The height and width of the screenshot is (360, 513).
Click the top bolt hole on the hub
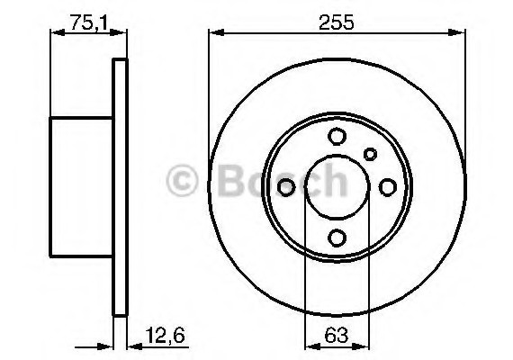point(337,136)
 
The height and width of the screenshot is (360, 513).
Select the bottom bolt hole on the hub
point(337,237)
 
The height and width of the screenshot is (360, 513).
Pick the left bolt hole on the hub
point(287,186)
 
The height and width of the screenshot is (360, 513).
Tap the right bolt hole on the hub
point(388,186)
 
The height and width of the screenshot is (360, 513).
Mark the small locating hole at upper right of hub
point(370,154)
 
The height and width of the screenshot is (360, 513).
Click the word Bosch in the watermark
point(279,181)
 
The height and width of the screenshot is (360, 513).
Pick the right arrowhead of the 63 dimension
point(364,345)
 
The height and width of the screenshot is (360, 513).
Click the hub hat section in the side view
point(81,185)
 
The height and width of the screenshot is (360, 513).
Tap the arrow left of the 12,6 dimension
point(103,345)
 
